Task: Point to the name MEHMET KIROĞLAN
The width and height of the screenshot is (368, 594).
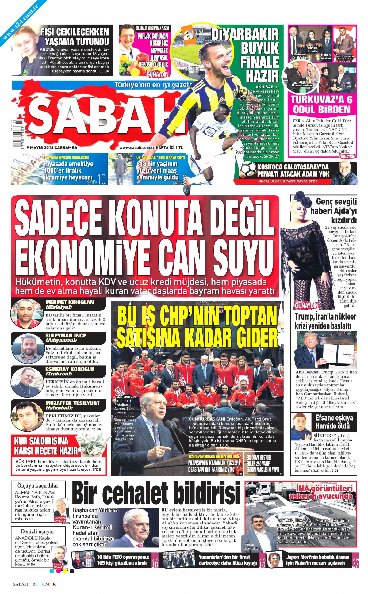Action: pos(70,302)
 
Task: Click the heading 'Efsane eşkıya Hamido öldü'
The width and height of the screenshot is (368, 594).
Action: pos(334,422)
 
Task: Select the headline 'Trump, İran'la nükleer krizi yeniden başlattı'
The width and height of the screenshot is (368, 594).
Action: pos(325,321)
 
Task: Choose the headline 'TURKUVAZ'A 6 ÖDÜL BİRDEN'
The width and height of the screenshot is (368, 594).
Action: pos(322,105)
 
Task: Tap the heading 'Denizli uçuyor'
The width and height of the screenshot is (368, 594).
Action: pos(38,531)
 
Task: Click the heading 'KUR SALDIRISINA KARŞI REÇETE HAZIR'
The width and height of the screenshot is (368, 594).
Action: pos(46,446)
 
